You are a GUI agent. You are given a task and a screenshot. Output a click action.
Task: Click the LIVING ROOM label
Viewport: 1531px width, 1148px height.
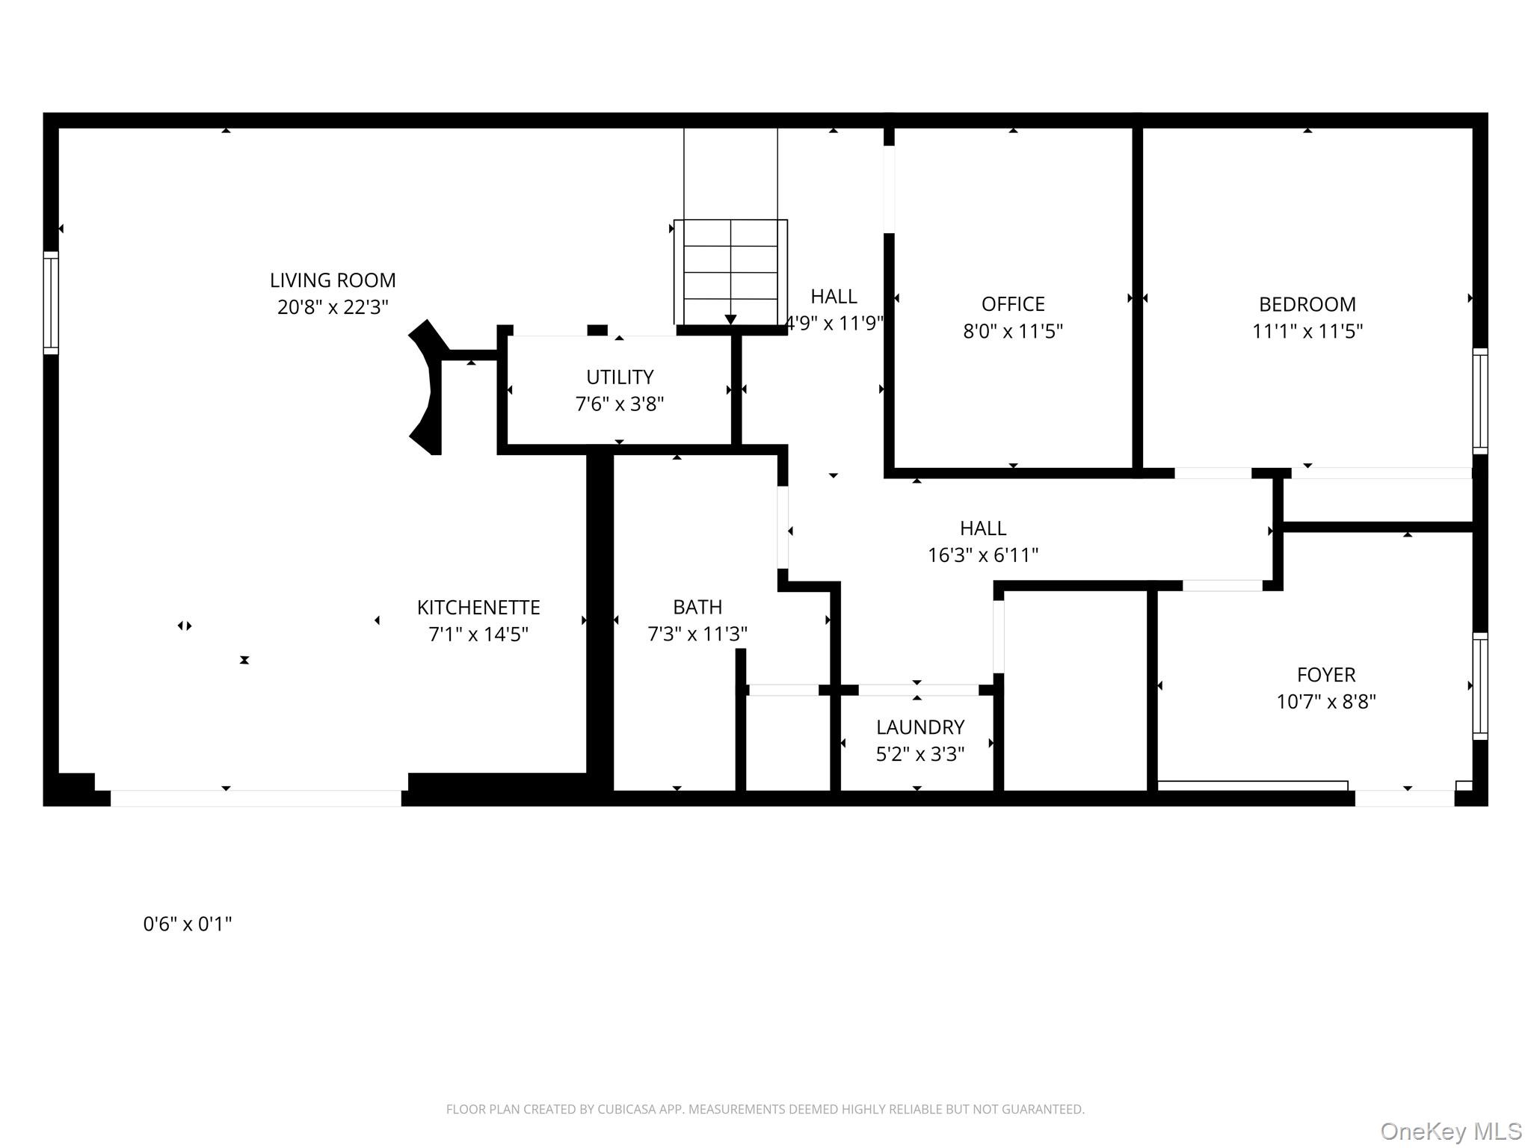click(x=333, y=280)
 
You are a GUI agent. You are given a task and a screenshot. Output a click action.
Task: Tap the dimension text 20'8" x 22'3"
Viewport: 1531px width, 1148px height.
click(x=333, y=307)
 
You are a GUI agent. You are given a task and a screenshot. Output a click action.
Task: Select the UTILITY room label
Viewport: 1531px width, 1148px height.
click(x=620, y=377)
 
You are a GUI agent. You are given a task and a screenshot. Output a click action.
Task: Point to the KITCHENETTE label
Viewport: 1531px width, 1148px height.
click(x=478, y=607)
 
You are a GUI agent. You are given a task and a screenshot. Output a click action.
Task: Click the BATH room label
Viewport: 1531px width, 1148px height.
click(x=697, y=607)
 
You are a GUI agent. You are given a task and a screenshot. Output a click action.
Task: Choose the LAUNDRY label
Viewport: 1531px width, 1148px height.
click(x=920, y=727)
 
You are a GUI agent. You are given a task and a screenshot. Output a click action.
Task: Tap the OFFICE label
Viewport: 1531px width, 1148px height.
click(x=1013, y=304)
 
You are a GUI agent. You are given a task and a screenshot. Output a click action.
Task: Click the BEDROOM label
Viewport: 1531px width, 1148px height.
click(x=1307, y=304)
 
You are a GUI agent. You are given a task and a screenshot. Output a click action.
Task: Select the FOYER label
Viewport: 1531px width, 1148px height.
click(x=1326, y=675)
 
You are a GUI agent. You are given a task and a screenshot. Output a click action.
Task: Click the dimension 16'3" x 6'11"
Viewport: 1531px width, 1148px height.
click(x=983, y=555)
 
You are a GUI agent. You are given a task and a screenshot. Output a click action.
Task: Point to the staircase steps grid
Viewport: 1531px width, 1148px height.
click(x=730, y=271)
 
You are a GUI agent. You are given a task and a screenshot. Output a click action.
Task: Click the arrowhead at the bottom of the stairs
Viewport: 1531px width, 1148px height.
click(x=730, y=320)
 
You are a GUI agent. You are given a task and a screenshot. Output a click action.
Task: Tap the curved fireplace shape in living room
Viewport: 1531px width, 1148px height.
click(x=425, y=387)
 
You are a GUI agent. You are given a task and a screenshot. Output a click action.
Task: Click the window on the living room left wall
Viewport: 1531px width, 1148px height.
click(x=51, y=303)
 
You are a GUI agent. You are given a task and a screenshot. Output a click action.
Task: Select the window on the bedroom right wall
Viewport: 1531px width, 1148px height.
click(x=1479, y=401)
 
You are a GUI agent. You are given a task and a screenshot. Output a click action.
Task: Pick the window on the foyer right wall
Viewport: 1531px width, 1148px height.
click(x=1479, y=686)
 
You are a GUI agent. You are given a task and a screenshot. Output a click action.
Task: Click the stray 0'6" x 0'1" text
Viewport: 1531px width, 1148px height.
click(x=188, y=925)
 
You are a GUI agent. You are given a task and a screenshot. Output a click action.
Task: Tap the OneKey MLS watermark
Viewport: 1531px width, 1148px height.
click(x=1450, y=1131)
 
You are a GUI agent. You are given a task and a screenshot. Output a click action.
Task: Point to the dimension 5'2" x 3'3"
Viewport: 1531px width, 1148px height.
click(x=920, y=754)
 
